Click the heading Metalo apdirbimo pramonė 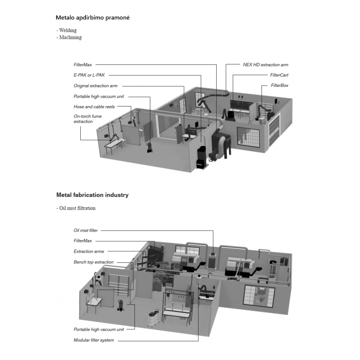point(92,18)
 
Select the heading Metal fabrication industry point(92,195)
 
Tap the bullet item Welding point(68,30)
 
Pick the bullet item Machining point(70,37)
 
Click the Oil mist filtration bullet point(77,208)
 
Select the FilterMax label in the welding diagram point(83,65)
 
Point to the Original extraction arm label point(95,86)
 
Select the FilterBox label point(279,86)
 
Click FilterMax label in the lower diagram point(83,241)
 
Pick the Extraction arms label point(89,252)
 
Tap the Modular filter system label point(93,340)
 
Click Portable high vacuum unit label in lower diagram point(99,329)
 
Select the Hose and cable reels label point(94,107)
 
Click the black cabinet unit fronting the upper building point(201,159)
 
